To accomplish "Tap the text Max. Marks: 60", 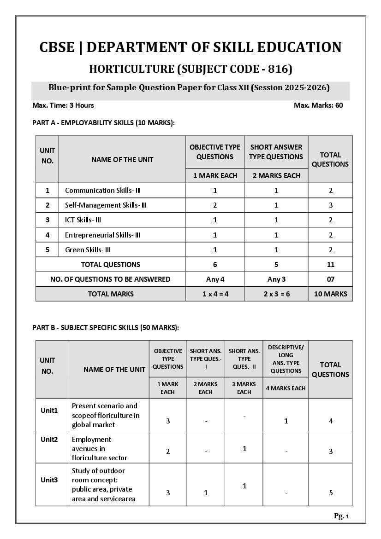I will (x=318, y=105).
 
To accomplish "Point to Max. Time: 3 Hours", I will (x=63, y=105).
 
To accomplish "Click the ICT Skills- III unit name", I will (x=83, y=220).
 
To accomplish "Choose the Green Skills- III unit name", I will (x=88, y=250).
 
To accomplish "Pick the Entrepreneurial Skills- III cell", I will (x=102, y=235).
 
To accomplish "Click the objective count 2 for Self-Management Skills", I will (x=215, y=205).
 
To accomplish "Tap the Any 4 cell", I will (x=215, y=279).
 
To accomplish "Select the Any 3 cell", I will (x=276, y=279).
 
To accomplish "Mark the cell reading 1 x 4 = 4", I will (x=215, y=294).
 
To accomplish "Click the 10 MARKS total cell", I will (x=330, y=294).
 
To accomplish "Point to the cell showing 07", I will (x=330, y=279).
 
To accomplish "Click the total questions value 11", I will (x=330, y=265).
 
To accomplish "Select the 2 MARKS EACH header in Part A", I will (x=276, y=176).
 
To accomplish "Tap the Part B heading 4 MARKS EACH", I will (x=286, y=388).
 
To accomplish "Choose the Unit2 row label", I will (x=49, y=440).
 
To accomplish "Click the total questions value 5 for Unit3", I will (x=331, y=493).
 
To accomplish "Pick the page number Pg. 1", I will (x=341, y=516).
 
